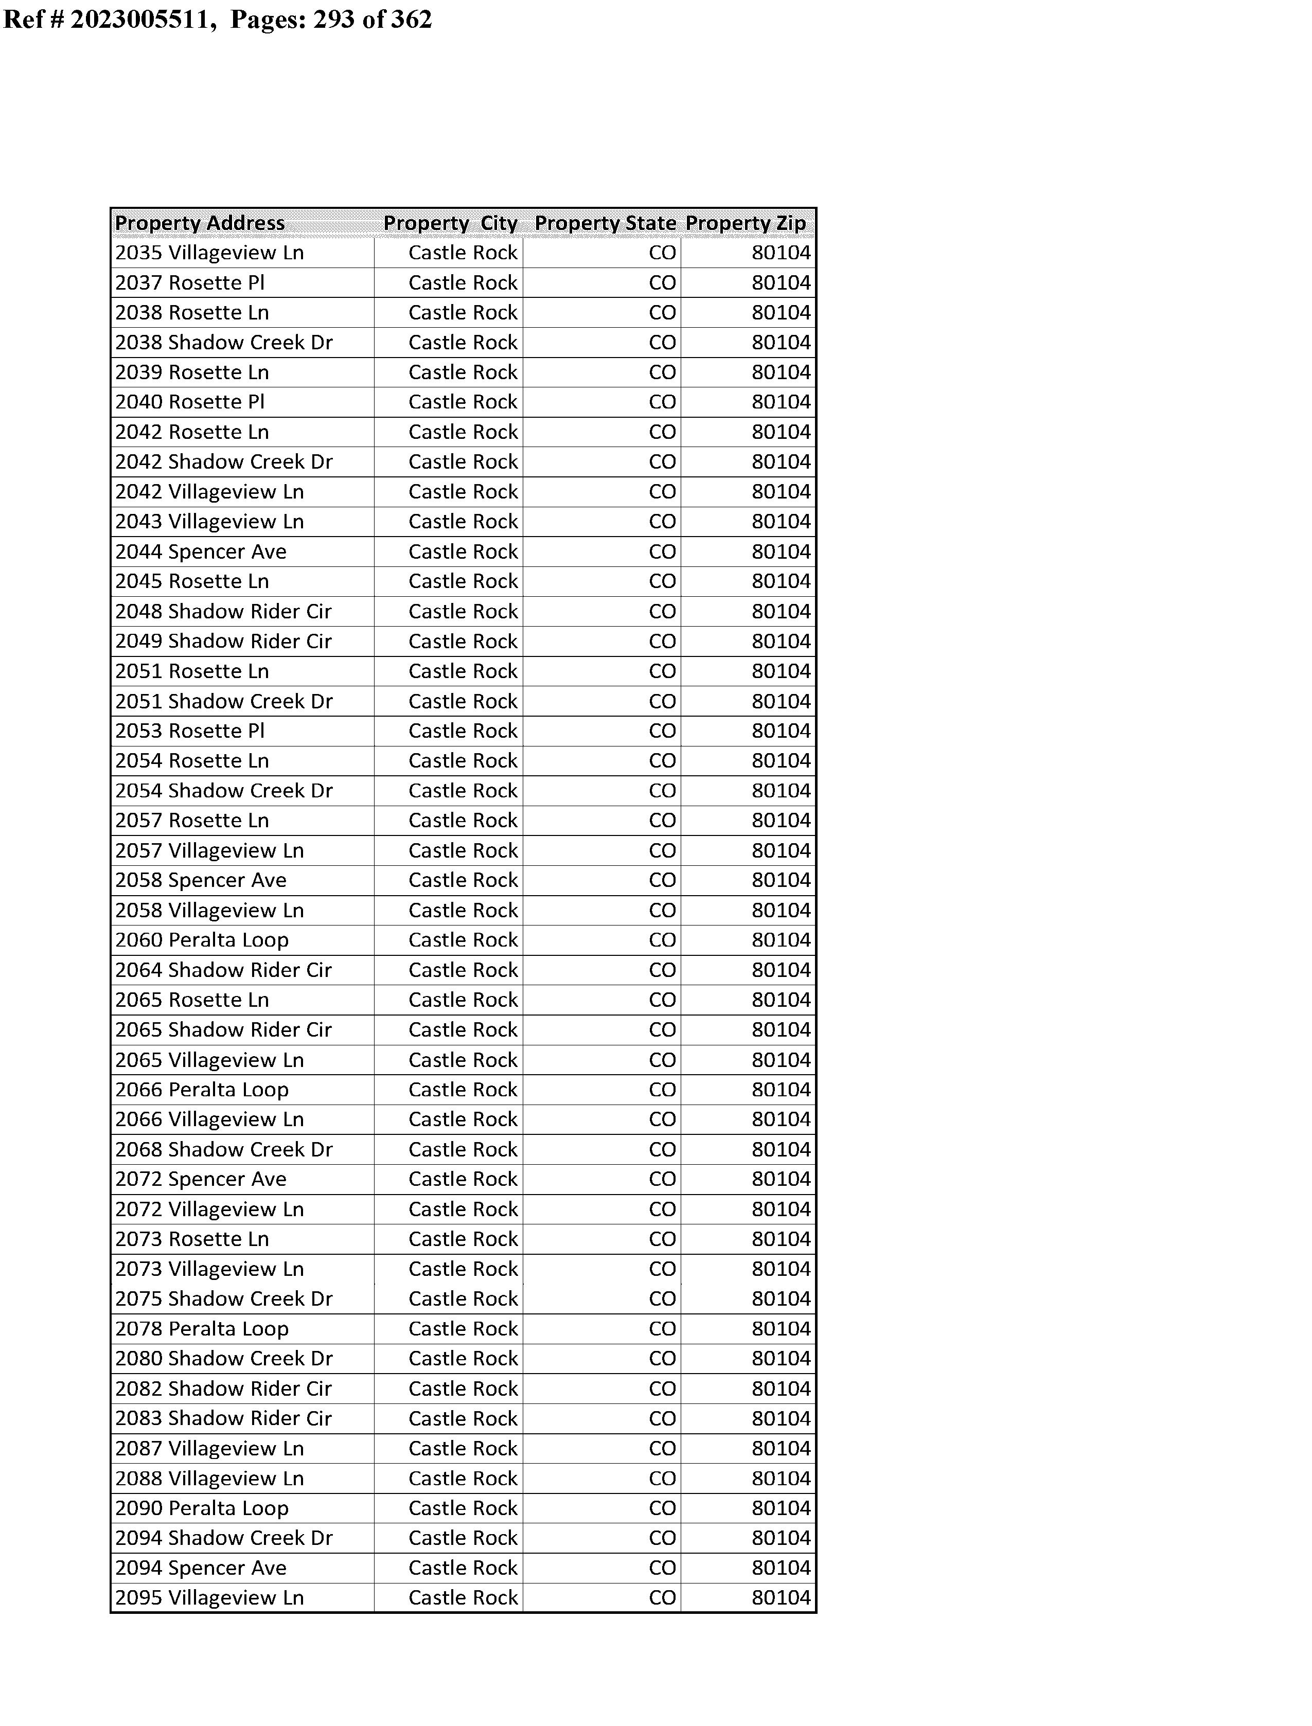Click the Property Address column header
coord(200,223)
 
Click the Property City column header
coord(451,223)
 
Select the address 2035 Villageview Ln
coord(209,253)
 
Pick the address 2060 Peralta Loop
coord(202,940)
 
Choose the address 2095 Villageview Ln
coord(209,1598)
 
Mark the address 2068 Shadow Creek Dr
coord(224,1149)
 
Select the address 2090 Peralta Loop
coord(202,1508)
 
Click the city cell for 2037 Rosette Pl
coord(463,282)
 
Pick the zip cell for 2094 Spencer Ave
coord(781,1568)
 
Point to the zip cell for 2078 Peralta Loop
coord(781,1329)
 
